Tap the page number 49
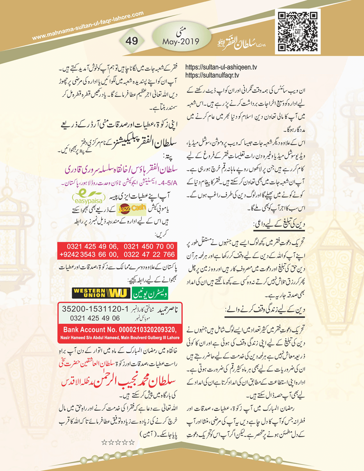click(131, 41)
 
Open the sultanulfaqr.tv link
click(212, 76)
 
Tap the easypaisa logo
click(88, 198)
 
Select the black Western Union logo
click(101, 293)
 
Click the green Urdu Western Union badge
click(150, 293)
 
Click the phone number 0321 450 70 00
click(149, 246)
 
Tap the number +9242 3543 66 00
click(89, 255)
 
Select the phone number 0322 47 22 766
click(149, 255)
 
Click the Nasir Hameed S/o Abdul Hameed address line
click(120, 338)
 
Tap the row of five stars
click(118, 442)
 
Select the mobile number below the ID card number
click(95, 318)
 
